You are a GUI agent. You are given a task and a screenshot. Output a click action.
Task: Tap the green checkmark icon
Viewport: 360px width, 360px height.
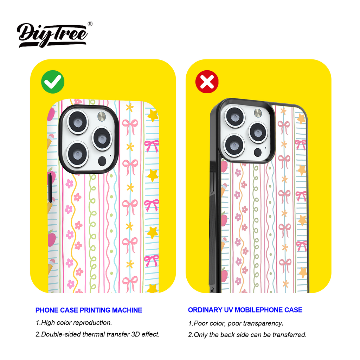[x=53, y=82]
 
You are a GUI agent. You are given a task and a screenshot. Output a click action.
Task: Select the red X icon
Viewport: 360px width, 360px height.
[x=207, y=82]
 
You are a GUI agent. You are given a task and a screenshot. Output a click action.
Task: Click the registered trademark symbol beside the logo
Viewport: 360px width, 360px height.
[x=90, y=24]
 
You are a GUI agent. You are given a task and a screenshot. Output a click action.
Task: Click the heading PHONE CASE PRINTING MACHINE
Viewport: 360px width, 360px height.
[x=89, y=310]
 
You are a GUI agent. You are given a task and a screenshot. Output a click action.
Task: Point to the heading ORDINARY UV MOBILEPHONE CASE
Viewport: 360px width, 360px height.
[x=245, y=310]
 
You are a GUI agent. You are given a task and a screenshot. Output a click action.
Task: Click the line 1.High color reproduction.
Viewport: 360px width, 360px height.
[x=74, y=322]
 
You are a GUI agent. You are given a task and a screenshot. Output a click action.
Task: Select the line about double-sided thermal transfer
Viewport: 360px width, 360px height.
[x=97, y=334]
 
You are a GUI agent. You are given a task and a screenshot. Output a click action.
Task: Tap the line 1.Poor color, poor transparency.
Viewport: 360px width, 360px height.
[x=236, y=323]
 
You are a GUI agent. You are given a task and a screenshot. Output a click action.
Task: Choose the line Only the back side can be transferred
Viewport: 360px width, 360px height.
[x=247, y=335]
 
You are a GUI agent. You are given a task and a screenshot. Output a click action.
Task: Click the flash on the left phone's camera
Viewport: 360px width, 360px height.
[x=101, y=116]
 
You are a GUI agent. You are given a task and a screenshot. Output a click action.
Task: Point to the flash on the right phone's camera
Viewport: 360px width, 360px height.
[x=258, y=113]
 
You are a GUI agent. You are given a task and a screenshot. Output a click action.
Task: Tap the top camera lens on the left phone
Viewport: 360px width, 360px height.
[x=77, y=122]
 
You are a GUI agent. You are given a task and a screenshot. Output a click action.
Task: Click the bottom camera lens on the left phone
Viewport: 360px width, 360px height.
[x=77, y=154]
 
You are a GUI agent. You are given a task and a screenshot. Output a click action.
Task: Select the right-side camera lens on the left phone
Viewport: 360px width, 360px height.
[x=102, y=139]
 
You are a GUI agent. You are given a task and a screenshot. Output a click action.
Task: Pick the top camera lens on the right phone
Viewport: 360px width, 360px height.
[x=235, y=117]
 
